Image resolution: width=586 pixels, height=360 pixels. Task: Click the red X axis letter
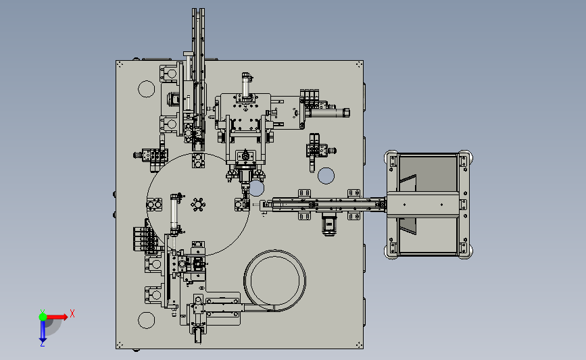pyautogui.click(x=72, y=313)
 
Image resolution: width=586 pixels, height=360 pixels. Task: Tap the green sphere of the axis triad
pyautogui.click(x=43, y=317)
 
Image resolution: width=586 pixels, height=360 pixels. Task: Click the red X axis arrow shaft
pyautogui.click(x=55, y=317)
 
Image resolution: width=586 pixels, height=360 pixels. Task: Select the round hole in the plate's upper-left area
pyautogui.click(x=147, y=89)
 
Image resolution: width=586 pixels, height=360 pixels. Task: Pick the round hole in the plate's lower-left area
pyautogui.click(x=147, y=320)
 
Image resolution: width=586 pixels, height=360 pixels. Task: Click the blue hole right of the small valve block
pyautogui.click(x=326, y=176)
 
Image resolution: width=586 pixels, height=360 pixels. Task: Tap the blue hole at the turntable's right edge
pyautogui.click(x=257, y=188)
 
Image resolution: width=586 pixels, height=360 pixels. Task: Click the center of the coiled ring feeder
pyautogui.click(x=274, y=280)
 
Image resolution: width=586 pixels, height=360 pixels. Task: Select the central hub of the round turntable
pyautogui.click(x=198, y=205)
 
